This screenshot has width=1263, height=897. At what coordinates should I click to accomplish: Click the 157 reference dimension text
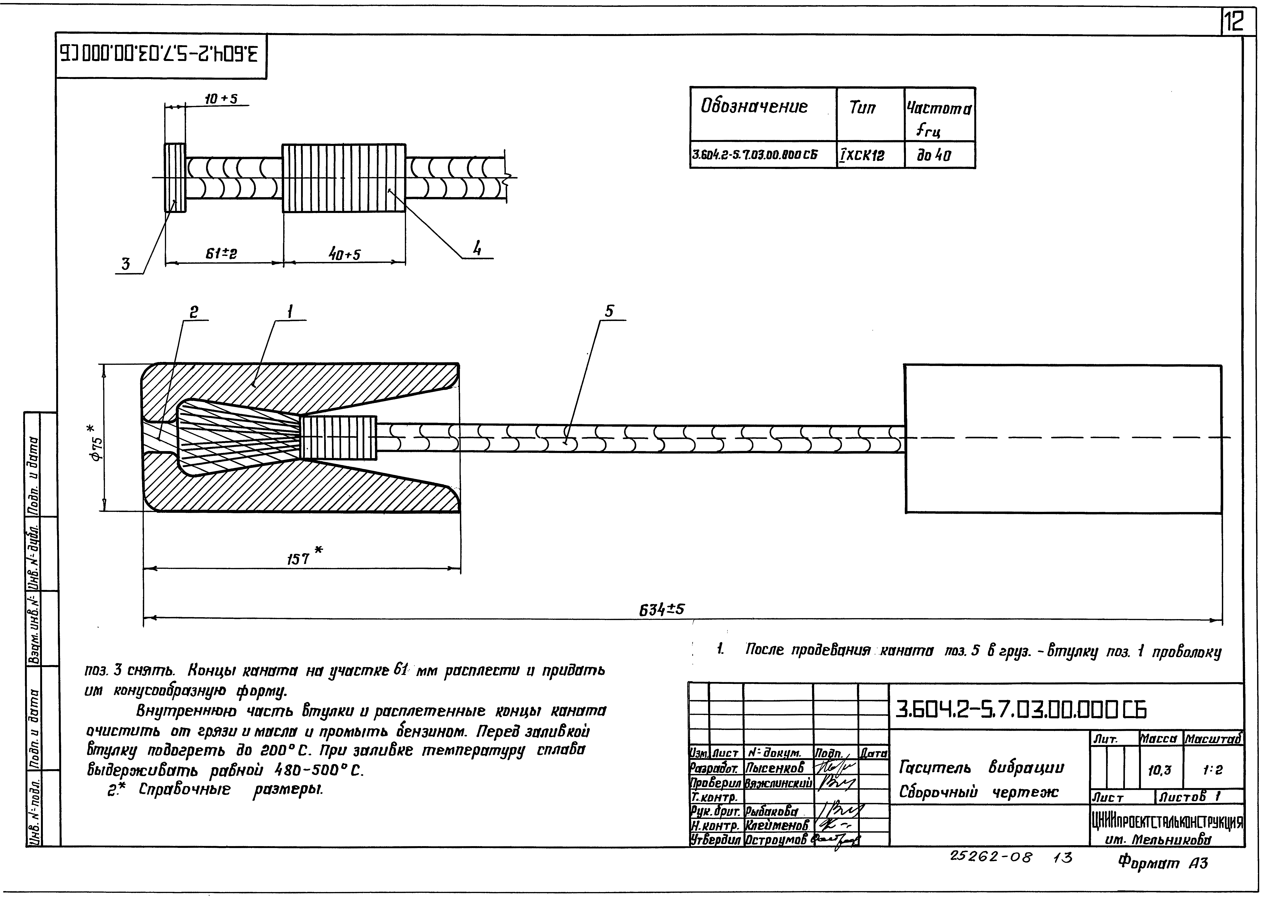(298, 559)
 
